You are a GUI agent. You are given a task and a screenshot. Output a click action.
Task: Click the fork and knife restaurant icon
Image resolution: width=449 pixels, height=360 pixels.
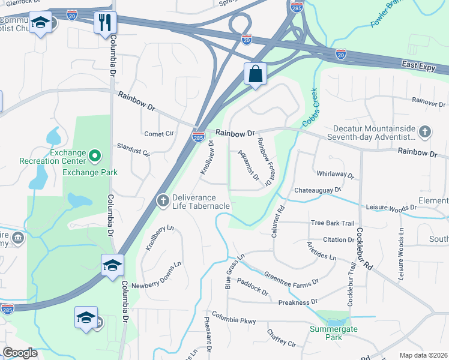click(x=105, y=22)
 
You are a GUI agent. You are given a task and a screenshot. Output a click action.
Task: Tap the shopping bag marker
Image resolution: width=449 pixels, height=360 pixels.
click(x=255, y=74)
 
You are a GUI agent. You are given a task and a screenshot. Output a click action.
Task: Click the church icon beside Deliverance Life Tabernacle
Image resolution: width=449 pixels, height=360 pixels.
click(x=162, y=200)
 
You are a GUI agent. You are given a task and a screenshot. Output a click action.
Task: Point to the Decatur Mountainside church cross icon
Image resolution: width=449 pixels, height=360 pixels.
click(x=424, y=131)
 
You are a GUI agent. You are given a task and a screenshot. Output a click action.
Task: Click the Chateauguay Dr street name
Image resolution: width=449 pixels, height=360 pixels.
click(x=317, y=190)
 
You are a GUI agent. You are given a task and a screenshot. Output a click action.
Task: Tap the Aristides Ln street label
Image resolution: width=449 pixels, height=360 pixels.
click(x=322, y=252)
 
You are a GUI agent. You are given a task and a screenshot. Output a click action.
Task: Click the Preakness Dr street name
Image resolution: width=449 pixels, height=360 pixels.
click(x=297, y=302)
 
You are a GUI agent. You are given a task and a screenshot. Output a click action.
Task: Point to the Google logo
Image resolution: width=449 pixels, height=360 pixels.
click(x=20, y=353)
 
